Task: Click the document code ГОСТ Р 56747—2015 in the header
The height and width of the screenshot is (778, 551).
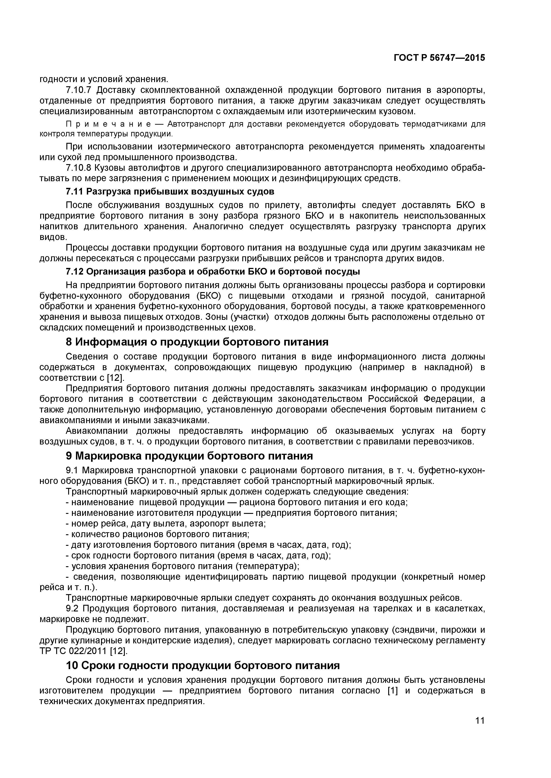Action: point(439,58)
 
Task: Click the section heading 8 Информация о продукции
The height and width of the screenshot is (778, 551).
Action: point(197,342)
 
